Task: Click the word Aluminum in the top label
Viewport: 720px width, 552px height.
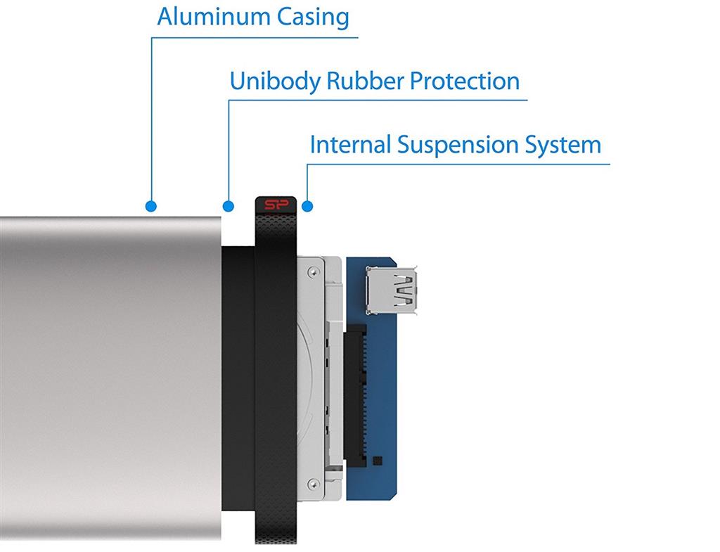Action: point(205,16)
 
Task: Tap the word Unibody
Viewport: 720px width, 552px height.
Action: point(274,81)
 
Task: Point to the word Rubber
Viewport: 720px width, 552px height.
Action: point(363,81)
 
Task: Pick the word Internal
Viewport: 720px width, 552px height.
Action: point(350,145)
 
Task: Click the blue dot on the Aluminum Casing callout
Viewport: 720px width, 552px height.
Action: point(150,206)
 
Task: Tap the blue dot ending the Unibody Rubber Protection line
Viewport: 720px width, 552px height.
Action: point(228,206)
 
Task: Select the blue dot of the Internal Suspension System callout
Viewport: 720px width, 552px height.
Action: point(307,206)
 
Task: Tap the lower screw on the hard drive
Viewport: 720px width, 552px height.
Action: point(313,482)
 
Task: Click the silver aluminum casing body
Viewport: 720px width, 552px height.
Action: point(105,380)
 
